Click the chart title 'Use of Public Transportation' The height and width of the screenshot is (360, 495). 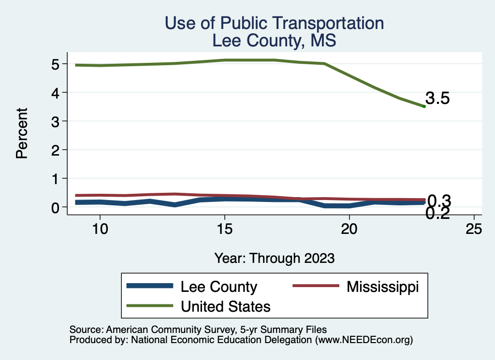click(274, 23)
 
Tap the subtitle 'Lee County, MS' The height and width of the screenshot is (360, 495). click(274, 41)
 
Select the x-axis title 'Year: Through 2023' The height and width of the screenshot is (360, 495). click(275, 258)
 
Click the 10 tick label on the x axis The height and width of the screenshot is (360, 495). click(100, 229)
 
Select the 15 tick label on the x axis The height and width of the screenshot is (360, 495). click(224, 229)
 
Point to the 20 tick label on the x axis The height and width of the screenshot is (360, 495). click(349, 229)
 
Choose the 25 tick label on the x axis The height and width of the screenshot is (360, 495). click(474, 229)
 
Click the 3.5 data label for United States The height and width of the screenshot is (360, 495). click(438, 99)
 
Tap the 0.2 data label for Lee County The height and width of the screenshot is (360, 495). click(438, 213)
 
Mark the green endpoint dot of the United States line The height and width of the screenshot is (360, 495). click(424, 106)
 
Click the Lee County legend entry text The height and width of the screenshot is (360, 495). click(218, 287)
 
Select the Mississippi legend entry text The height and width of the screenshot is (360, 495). click(382, 287)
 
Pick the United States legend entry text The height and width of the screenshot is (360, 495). click(225, 306)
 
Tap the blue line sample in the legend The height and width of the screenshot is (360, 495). click(149, 287)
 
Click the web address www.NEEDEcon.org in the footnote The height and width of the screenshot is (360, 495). click(364, 340)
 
